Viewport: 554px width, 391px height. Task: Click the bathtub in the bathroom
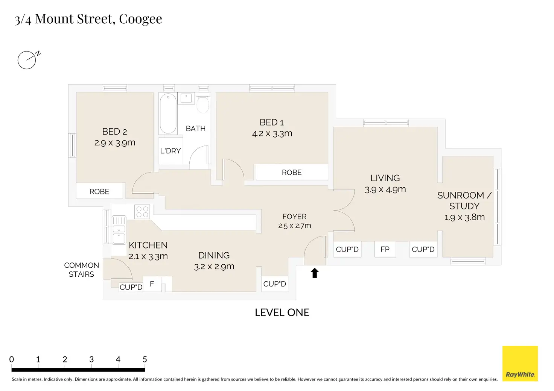(168, 114)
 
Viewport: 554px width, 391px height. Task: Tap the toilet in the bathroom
(203, 103)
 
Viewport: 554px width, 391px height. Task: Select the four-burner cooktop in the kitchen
(142, 212)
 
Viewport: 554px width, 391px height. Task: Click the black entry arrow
(315, 273)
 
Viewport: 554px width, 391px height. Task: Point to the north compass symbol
(29, 60)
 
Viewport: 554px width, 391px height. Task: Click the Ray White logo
(520, 363)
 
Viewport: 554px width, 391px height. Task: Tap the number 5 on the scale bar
(145, 359)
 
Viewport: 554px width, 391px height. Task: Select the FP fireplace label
(385, 249)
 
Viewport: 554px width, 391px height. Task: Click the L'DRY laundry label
(170, 151)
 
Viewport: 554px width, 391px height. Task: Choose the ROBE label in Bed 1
(292, 173)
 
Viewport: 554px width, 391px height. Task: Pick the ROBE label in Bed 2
(99, 191)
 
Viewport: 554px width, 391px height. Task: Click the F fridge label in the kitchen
(152, 284)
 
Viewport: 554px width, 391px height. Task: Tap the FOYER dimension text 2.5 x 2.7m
(295, 226)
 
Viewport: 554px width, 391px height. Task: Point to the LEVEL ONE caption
(282, 312)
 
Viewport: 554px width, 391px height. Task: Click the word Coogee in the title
(140, 19)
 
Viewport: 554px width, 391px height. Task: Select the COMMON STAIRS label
(81, 270)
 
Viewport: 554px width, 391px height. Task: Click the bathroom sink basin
(186, 98)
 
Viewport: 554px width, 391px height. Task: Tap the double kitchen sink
(119, 230)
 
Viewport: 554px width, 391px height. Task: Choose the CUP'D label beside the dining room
(274, 284)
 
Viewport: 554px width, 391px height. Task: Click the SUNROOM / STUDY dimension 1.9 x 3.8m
(464, 217)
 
